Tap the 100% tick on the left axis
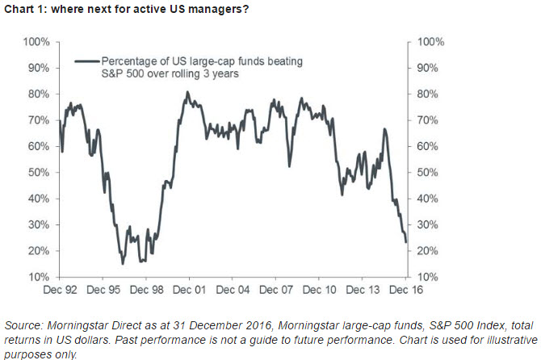click(x=38, y=41)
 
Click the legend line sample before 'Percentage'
click(x=86, y=60)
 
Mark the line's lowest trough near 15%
click(x=123, y=263)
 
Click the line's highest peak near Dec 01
click(x=187, y=92)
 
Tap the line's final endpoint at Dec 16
click(x=405, y=241)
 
